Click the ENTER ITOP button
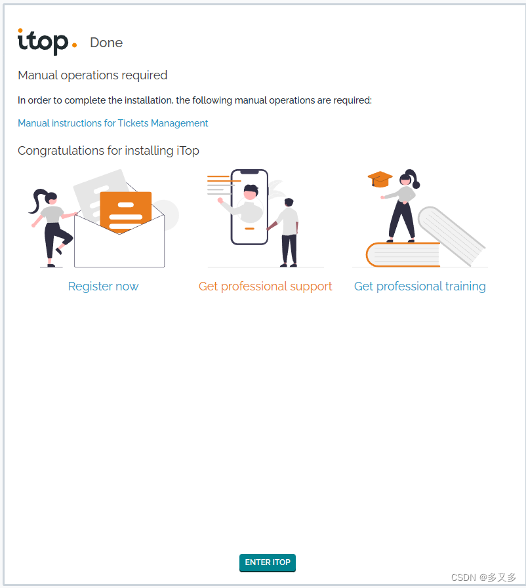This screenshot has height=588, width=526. (268, 562)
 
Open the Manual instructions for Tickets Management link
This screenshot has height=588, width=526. (113, 123)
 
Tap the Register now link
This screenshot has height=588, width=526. (103, 286)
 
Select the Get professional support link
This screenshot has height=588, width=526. (265, 286)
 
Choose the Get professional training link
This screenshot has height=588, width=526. (420, 286)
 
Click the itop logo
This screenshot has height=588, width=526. (47, 41)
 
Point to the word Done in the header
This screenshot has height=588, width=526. (106, 43)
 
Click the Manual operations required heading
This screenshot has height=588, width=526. (92, 75)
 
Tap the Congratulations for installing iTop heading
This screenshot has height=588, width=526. (108, 150)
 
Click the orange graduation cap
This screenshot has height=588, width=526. (380, 179)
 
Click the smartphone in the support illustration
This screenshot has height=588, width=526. (249, 207)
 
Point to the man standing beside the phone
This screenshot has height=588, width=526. (288, 233)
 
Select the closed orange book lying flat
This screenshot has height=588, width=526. (403, 254)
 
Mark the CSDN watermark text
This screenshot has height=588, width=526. (483, 577)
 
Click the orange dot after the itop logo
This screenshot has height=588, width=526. (74, 45)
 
